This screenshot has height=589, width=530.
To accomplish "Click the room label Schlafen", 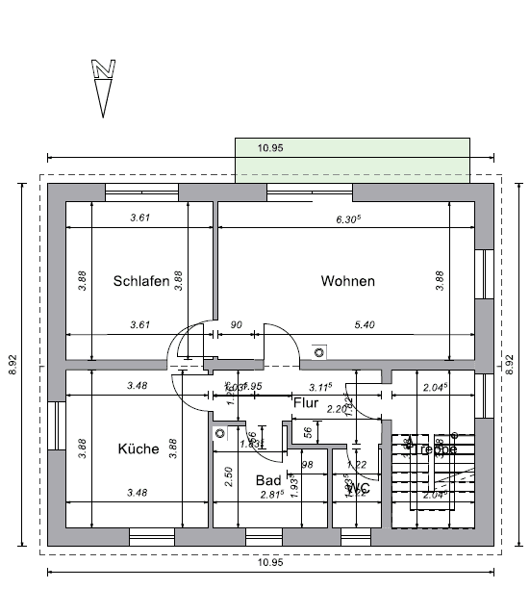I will click(x=141, y=282).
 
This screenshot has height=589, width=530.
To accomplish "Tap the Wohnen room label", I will click(x=347, y=282).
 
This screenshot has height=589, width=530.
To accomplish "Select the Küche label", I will click(x=138, y=448).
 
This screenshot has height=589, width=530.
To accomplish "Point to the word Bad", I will click(x=267, y=479).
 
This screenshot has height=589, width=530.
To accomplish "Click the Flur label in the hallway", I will click(x=306, y=403).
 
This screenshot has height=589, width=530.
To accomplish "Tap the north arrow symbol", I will click(x=103, y=88).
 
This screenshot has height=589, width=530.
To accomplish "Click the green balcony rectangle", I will click(x=352, y=160).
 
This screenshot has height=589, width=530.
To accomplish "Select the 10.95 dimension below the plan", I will click(x=270, y=563).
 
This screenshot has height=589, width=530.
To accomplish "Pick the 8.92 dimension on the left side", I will click(x=13, y=365).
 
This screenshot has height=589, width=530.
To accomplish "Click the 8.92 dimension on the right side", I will click(x=510, y=365).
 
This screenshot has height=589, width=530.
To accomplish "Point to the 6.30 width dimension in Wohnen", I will click(x=347, y=218).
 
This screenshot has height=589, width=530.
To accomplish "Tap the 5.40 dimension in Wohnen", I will click(x=365, y=325).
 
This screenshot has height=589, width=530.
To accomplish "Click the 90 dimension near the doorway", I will click(x=236, y=325).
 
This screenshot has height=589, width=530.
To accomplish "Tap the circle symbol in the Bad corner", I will click(x=220, y=434).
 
